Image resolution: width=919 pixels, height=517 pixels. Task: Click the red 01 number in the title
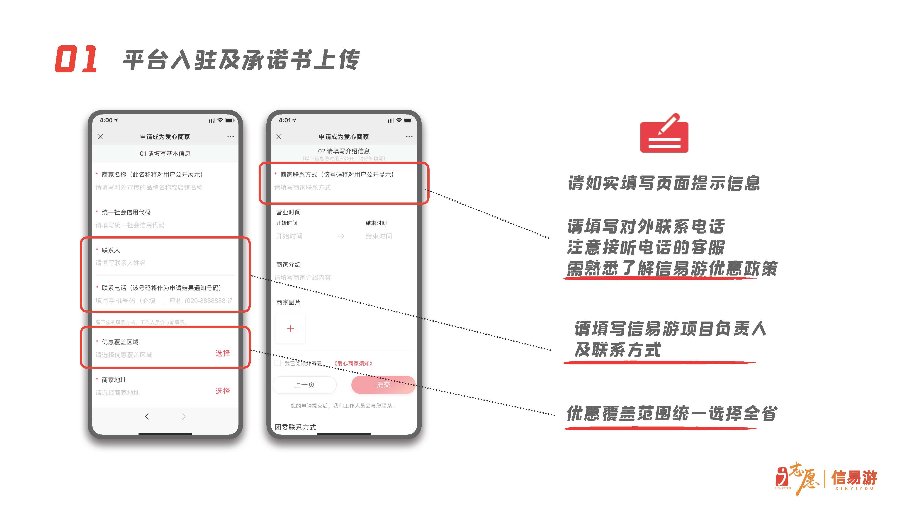(76, 59)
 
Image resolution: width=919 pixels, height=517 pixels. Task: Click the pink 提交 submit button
(383, 385)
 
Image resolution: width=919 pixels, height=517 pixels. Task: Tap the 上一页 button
(304, 385)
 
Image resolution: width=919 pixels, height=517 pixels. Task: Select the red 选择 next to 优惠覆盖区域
(223, 353)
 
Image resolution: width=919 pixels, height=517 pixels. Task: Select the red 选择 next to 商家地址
(223, 391)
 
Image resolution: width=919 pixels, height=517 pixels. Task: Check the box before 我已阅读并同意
(277, 363)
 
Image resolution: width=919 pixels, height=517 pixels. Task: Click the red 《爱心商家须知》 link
(353, 363)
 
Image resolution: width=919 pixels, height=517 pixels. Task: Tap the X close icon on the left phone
(100, 137)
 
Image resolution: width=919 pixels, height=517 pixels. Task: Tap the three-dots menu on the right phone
(409, 137)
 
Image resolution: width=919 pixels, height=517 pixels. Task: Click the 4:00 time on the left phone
(106, 120)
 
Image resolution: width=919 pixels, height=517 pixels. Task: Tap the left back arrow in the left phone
(147, 416)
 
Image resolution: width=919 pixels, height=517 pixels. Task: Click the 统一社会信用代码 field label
(126, 212)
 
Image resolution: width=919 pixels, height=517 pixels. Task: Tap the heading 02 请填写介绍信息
(344, 151)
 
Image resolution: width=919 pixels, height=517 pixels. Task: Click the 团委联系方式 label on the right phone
(295, 427)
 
